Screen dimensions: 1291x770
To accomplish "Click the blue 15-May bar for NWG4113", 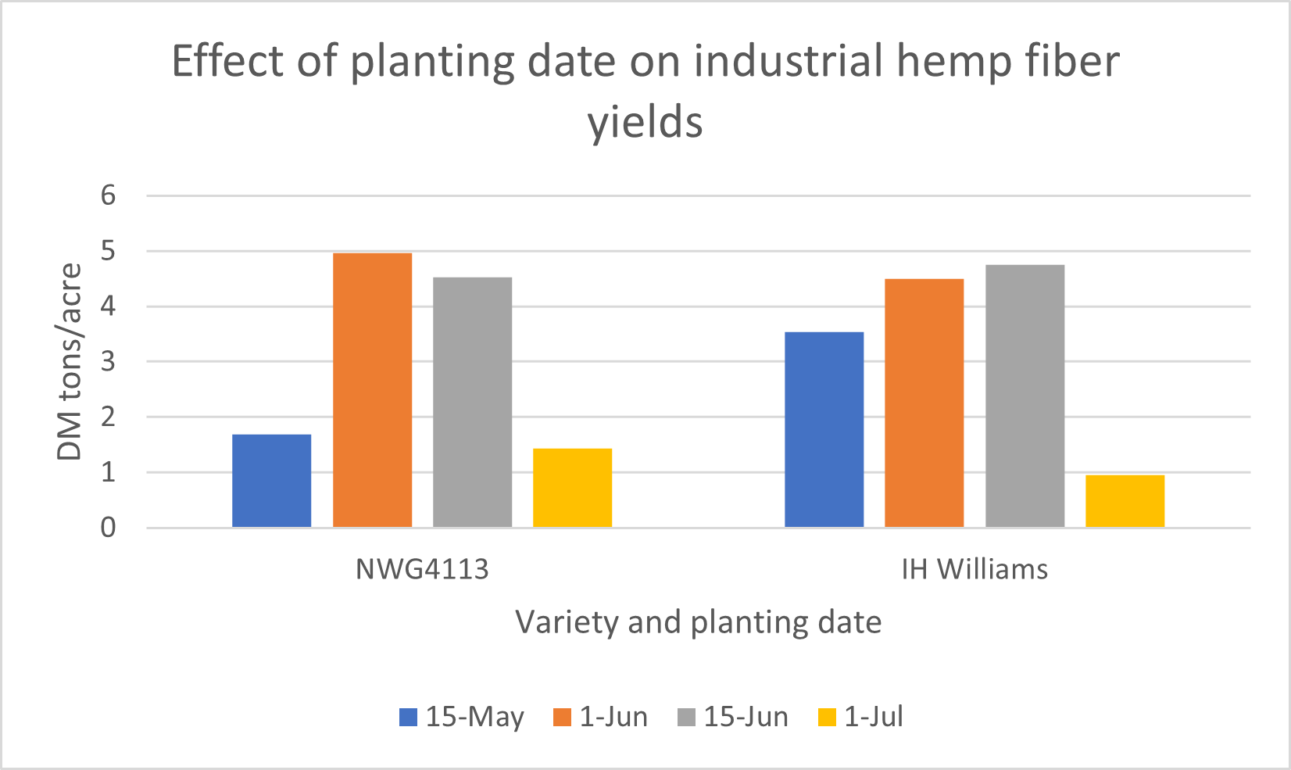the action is click(271, 481).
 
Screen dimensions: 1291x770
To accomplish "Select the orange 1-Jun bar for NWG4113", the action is click(372, 390).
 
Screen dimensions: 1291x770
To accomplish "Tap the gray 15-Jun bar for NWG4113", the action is click(473, 403).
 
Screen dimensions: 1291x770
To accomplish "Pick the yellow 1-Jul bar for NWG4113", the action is click(572, 488).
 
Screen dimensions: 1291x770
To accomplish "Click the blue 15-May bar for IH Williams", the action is click(824, 429).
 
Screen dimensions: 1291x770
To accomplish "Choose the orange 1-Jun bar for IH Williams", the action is click(924, 403).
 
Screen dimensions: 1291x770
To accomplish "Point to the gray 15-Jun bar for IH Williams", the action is click(1025, 396).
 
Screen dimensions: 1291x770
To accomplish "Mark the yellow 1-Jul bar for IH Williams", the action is click(1125, 501).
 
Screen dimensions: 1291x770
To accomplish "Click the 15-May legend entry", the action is click(462, 717).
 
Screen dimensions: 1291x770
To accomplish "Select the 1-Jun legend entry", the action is click(600, 717).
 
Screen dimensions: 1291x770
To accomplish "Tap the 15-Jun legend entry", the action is click(733, 717).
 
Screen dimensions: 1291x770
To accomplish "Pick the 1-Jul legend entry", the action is click(860, 717).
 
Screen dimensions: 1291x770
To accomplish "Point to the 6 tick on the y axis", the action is click(109, 195).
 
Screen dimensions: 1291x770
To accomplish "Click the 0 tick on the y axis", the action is click(109, 528).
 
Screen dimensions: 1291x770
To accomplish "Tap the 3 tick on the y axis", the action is click(109, 361).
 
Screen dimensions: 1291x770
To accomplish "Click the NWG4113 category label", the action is click(422, 569).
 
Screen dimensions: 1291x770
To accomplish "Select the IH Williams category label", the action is click(975, 569).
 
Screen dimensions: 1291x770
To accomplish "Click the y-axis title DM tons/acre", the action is click(70, 361).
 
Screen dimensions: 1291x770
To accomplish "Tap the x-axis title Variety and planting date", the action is click(699, 622).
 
